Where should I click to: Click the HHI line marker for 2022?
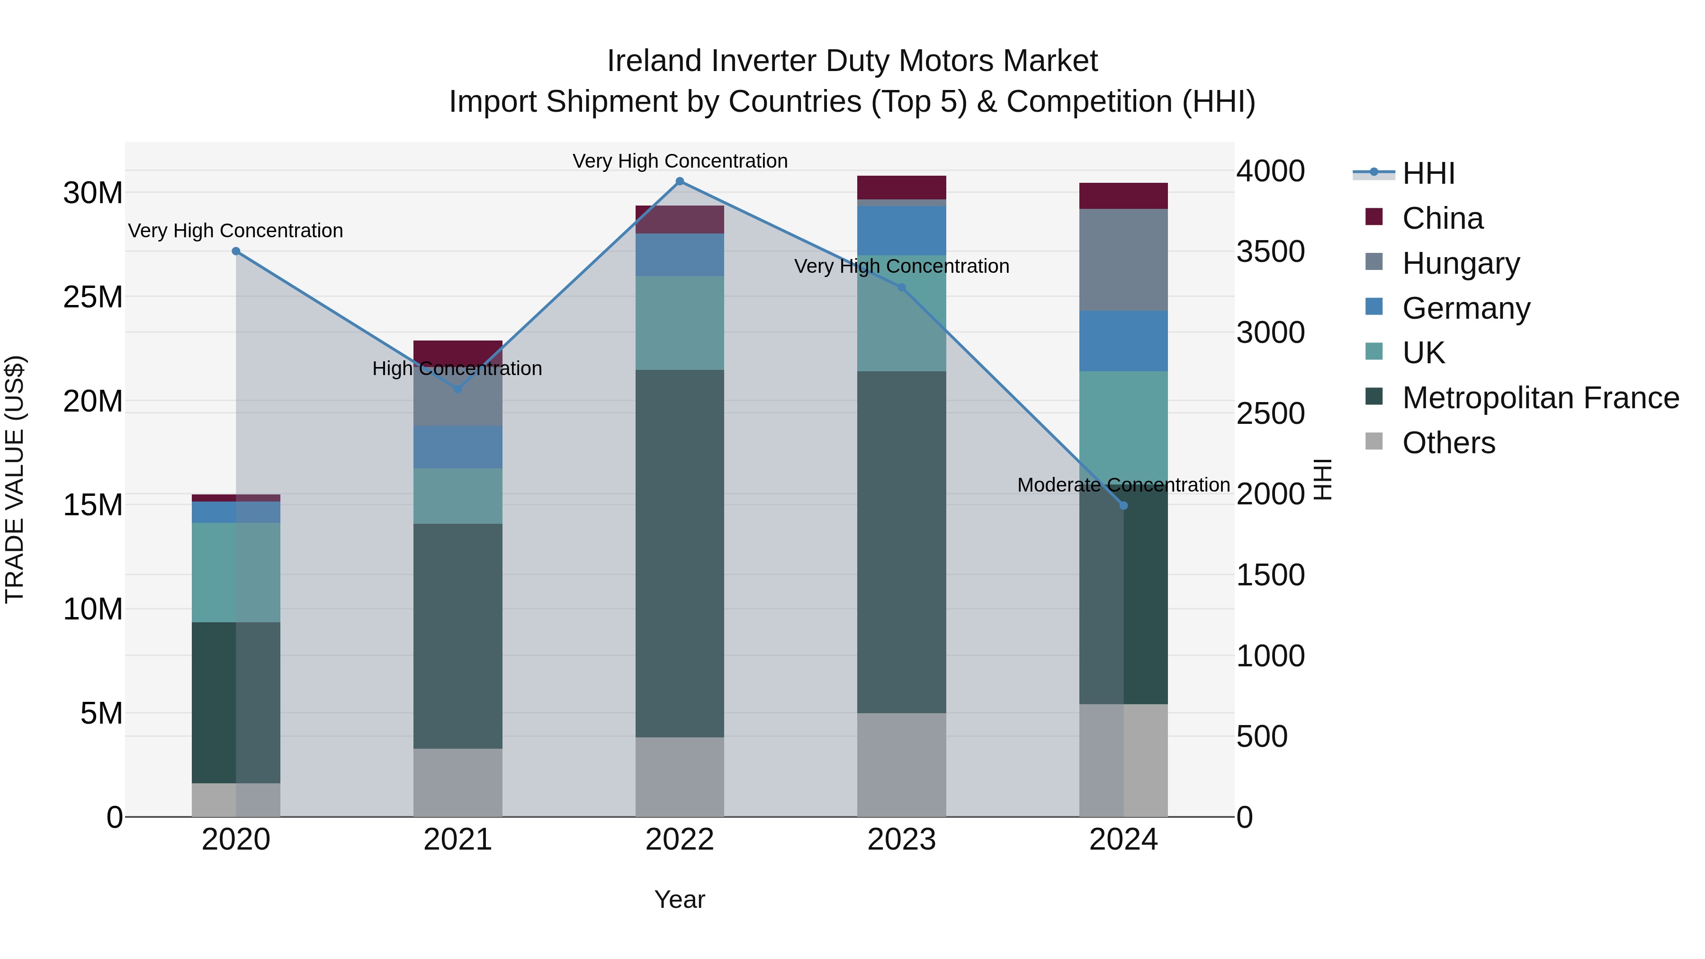[x=679, y=181]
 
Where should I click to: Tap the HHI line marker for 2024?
[x=1123, y=506]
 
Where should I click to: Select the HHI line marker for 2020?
[x=236, y=251]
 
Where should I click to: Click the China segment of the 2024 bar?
[x=1123, y=196]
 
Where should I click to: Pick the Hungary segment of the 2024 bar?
[x=1123, y=260]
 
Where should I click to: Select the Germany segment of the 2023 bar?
[x=901, y=230]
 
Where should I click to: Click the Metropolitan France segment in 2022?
[x=679, y=553]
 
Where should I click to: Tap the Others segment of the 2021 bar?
[x=458, y=782]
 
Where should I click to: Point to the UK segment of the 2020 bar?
[x=236, y=573]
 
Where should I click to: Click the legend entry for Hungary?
[x=1461, y=263]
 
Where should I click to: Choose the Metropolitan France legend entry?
[x=1540, y=398]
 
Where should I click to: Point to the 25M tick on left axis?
[x=93, y=297]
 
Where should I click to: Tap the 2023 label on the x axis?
[x=901, y=840]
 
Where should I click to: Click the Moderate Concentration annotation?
[x=1123, y=485]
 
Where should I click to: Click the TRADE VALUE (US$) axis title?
[x=15, y=479]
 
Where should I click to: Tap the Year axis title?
[x=679, y=899]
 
